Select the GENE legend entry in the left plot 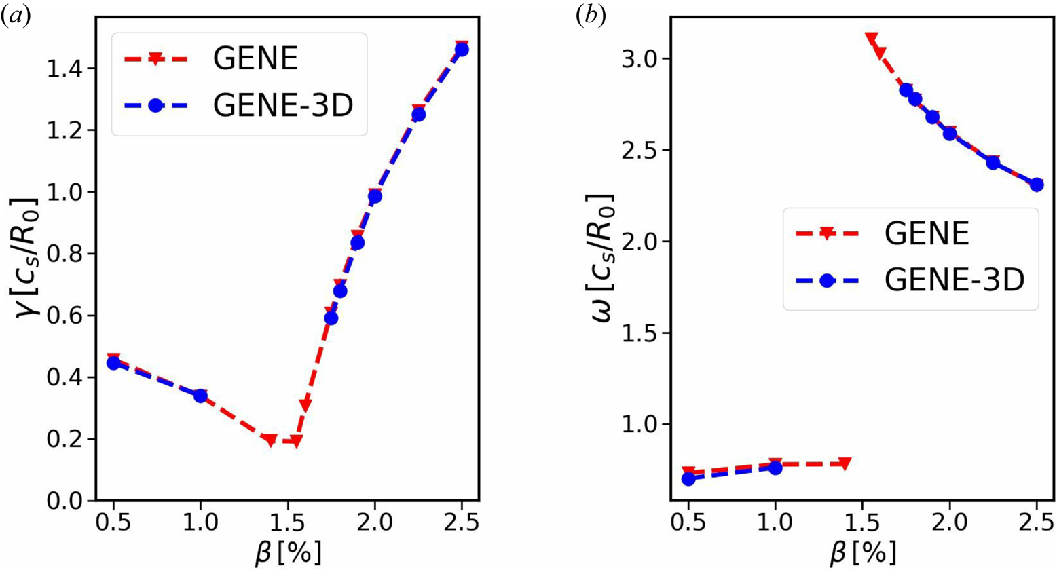coord(255,59)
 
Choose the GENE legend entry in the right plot coord(925,234)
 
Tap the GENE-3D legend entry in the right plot coord(953,280)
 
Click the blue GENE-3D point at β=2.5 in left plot coord(462,50)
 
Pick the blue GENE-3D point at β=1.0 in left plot coord(200,396)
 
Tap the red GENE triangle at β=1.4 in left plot coord(270,440)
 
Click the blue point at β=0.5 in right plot coord(688,478)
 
